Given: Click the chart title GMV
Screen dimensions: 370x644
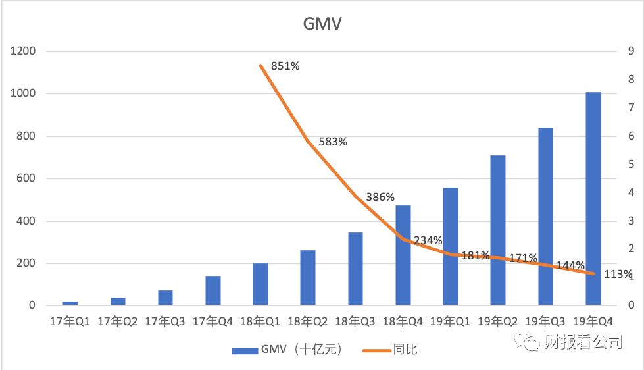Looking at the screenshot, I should [x=322, y=24].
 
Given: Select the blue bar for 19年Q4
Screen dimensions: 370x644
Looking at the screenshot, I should [x=593, y=198].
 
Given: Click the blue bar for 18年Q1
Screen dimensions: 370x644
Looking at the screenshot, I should [x=260, y=284].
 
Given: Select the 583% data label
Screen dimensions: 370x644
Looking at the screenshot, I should [x=333, y=142].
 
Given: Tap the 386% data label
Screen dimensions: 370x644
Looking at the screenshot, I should [x=380, y=197].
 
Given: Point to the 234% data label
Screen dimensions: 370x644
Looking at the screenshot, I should [x=428, y=240].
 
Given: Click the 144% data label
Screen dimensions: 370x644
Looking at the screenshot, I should [x=570, y=265].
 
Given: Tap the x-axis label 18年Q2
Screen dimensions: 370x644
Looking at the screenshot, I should [x=309, y=322].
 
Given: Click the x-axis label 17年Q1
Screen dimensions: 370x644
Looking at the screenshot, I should [x=70, y=322].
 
